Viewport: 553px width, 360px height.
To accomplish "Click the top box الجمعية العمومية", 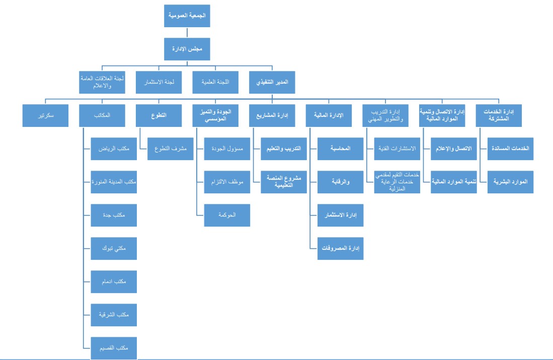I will coord(187,16).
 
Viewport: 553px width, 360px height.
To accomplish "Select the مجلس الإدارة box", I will coord(187,49).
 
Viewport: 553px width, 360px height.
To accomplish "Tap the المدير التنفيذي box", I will coord(272,82).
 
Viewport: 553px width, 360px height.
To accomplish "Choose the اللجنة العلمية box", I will coord(215,82).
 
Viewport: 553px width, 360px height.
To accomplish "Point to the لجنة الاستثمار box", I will coord(159,82).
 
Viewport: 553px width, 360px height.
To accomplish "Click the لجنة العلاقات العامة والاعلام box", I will coord(102,82).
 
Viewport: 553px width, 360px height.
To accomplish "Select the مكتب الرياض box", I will coord(114,149).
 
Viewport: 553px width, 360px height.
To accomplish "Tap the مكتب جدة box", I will coord(114,215).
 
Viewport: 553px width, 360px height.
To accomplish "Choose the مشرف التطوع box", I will coord(171,149).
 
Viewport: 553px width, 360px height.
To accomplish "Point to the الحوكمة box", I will coord(227,215).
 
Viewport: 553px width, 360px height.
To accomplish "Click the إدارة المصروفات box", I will coord(340,248).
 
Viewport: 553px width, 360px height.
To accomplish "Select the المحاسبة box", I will coord(340,149).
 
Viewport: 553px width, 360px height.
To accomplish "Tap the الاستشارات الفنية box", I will coord(397,149).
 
